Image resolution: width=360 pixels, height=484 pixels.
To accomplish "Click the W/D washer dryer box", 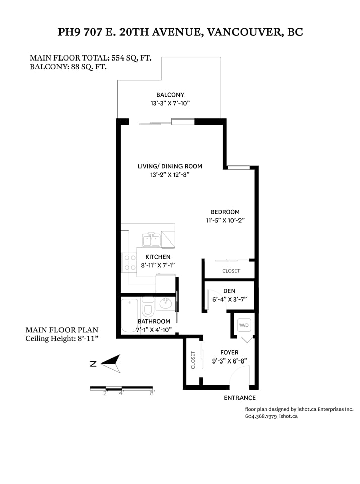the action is pos(244,325).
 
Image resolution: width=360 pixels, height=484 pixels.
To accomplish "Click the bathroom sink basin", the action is pos(166,303).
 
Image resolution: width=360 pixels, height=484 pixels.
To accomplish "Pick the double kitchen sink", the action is pos(151,239).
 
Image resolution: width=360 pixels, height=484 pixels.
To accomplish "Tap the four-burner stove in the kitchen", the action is pos(130,262).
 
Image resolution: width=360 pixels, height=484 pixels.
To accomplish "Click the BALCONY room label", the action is pos(170,95).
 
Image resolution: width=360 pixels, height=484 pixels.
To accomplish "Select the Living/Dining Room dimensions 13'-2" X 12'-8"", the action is pos(170,175).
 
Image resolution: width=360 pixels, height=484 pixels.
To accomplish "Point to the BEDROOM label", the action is pos(225,212).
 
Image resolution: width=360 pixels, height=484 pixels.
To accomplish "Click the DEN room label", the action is pos(229,291).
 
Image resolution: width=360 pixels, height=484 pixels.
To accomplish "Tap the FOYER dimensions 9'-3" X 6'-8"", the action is pos(229,361).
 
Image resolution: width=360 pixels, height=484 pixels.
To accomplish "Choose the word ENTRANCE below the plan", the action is pos(240,398).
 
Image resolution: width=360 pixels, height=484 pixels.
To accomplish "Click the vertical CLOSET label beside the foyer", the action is pos(193,360).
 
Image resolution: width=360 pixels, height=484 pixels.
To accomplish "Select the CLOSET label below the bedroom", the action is pos(231,271).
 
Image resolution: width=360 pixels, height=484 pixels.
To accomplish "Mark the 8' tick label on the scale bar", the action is pos(152,394).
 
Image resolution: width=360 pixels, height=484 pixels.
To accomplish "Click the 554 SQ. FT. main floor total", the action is pos(132,58).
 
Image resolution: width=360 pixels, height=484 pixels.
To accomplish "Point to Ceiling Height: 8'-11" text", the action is pos(62,339).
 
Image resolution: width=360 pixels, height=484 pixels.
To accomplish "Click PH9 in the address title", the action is pos(69,32).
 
